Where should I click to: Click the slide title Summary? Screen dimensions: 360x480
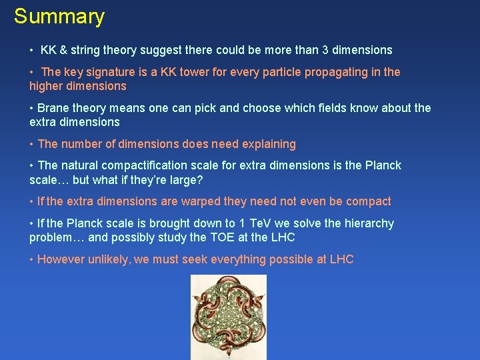(59, 17)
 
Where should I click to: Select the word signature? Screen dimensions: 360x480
(107, 72)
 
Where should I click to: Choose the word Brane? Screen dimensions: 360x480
(53, 108)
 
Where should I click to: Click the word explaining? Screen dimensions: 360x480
(265, 144)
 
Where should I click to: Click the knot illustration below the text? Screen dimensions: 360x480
(229, 317)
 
